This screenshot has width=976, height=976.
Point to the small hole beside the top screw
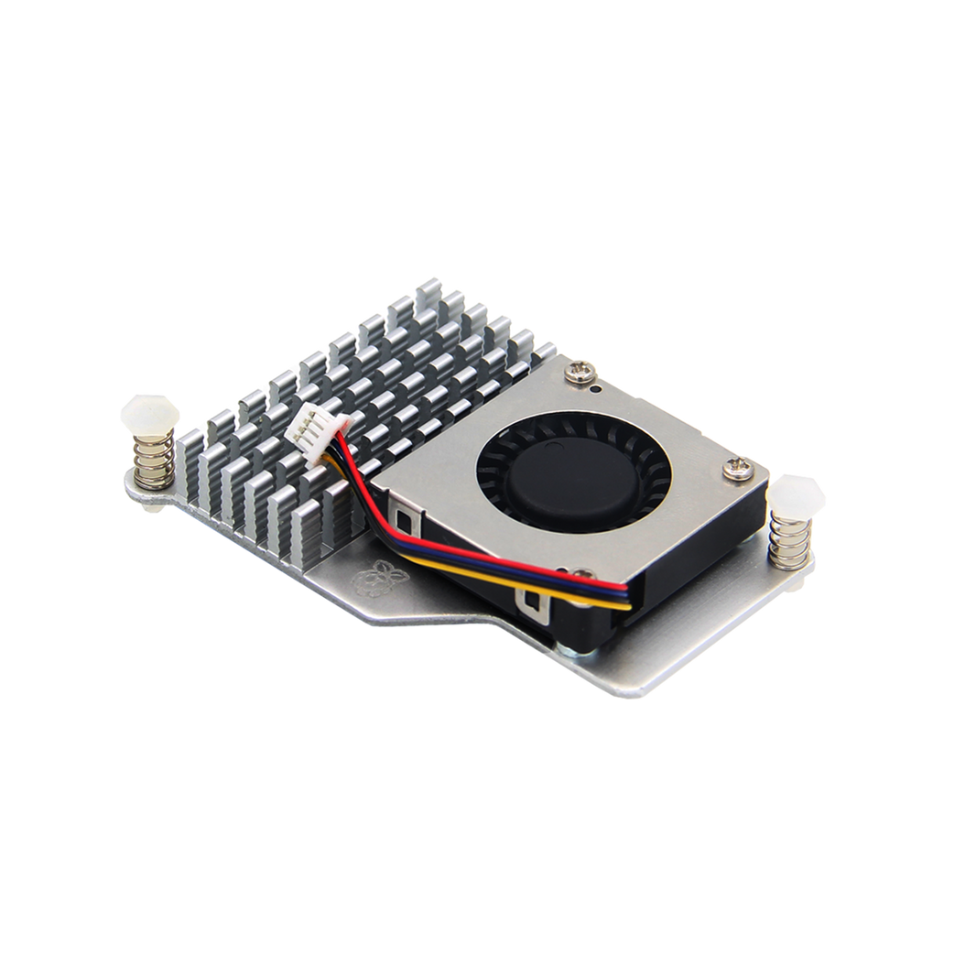[x=597, y=388]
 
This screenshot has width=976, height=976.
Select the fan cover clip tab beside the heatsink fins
[x=400, y=502]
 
